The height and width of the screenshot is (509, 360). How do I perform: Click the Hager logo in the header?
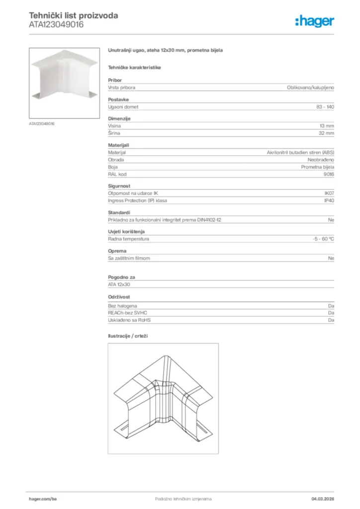(314, 21)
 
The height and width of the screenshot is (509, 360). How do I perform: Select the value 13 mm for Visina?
(327, 126)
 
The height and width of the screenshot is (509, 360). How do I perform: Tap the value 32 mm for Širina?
(326, 133)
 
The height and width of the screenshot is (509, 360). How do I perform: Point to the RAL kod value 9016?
(329, 174)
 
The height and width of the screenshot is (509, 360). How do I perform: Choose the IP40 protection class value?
(329, 200)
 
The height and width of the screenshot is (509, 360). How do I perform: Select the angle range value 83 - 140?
(325, 107)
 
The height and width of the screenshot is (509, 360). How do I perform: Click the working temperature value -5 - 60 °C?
(320, 239)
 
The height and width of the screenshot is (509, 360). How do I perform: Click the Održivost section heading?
(119, 297)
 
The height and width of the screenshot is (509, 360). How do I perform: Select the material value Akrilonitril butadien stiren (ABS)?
(300, 153)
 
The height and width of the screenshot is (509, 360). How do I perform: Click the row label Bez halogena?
(122, 306)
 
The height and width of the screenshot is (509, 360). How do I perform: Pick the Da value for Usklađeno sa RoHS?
(331, 320)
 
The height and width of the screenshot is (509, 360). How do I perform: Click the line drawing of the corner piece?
(163, 398)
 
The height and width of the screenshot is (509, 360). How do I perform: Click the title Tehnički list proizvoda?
(73, 15)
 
